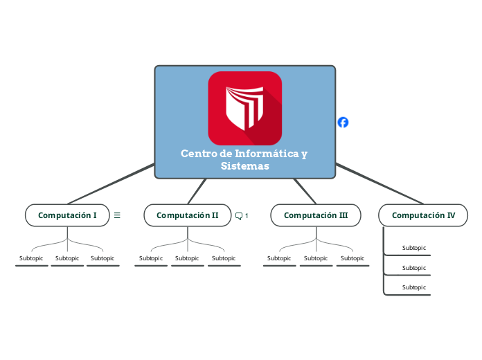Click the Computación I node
click(67, 215)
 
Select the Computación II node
click(187, 215)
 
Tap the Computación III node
click(316, 215)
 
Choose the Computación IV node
click(423, 215)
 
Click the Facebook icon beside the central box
click(343, 123)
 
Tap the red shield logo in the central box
click(245, 108)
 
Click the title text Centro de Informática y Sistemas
click(244, 159)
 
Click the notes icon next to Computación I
click(117, 215)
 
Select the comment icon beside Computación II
click(239, 216)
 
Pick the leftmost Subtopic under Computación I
click(31, 258)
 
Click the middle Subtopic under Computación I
click(67, 258)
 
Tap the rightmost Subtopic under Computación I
click(102, 258)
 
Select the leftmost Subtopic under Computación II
click(151, 258)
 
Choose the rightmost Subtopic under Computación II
click(224, 258)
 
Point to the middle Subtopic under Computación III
click(316, 258)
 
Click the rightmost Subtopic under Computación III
click(352, 258)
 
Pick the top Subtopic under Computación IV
click(414, 248)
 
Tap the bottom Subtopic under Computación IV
click(414, 287)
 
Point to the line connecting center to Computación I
click(111, 183)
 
